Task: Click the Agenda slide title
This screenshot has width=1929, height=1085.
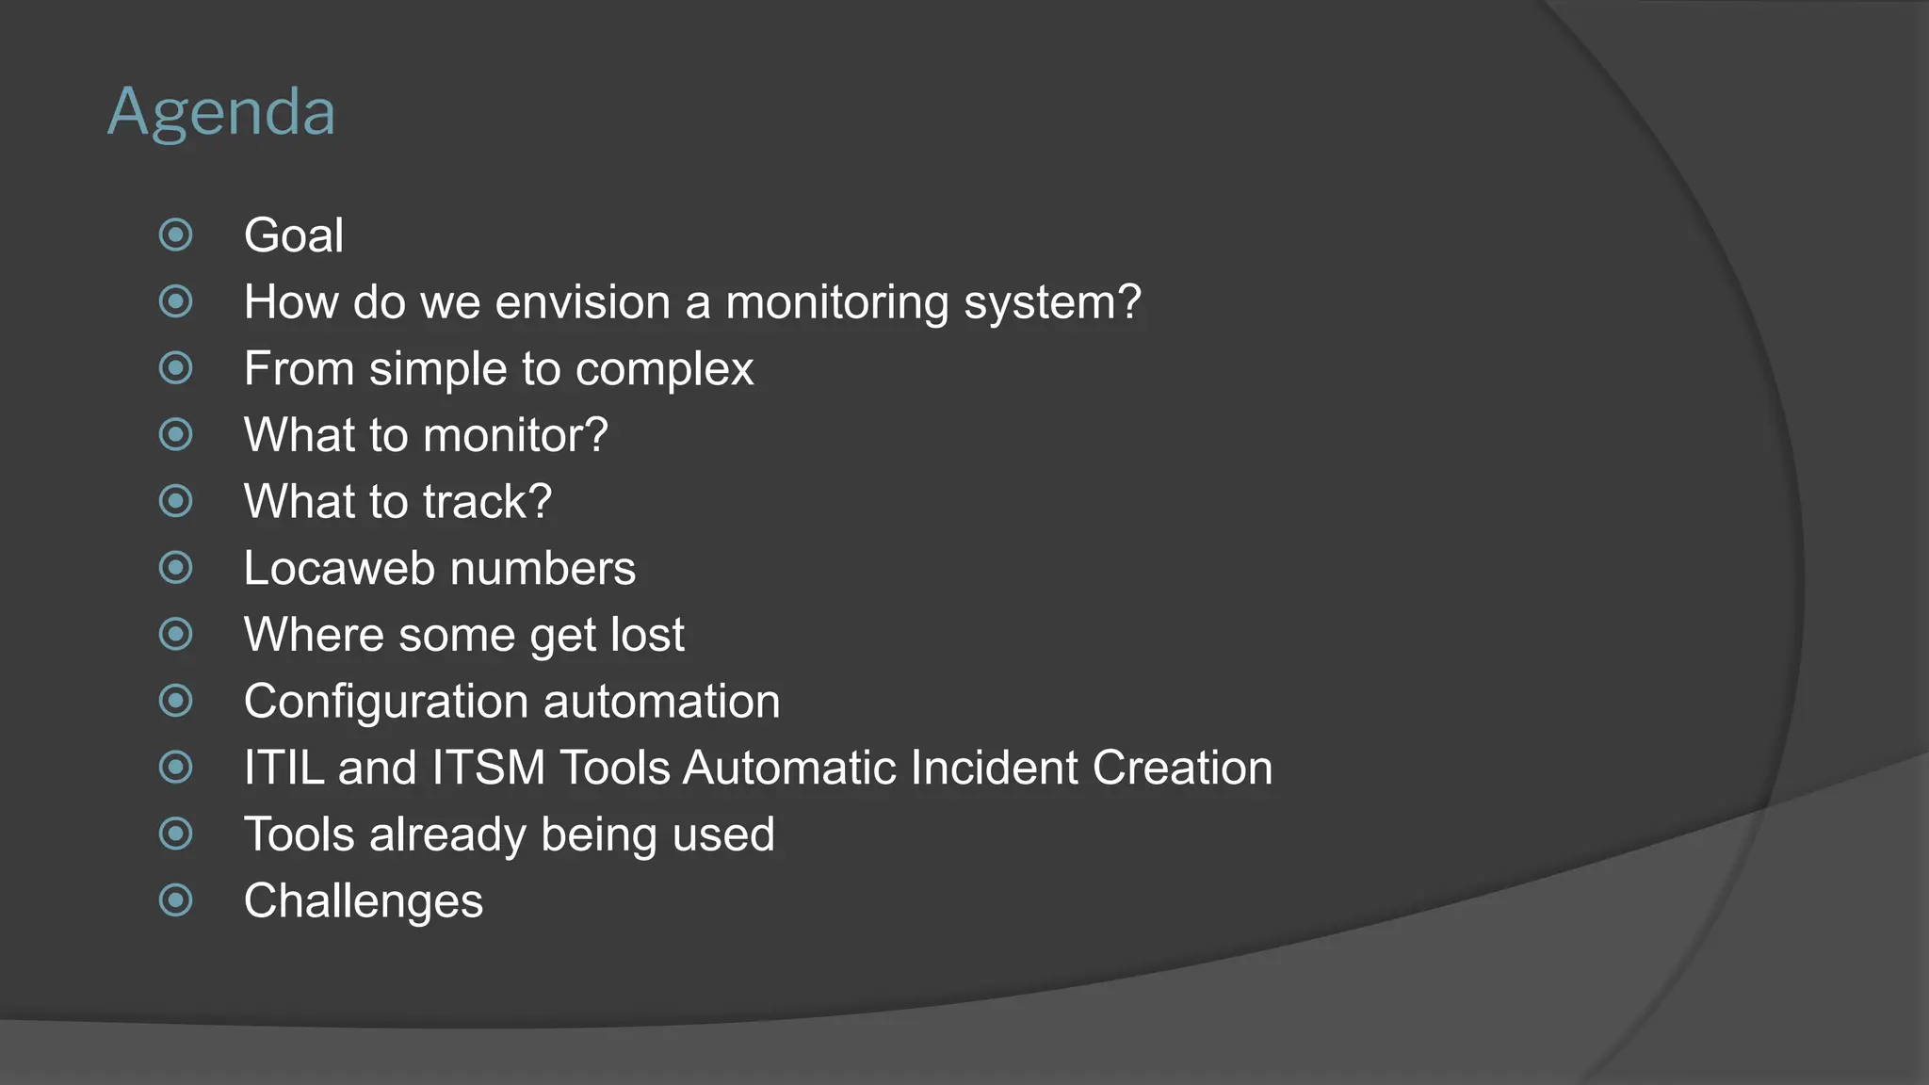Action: (221, 113)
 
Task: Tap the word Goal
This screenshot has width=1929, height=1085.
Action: (293, 235)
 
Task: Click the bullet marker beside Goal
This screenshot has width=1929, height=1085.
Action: (176, 235)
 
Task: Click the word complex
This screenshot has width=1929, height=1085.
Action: (664, 369)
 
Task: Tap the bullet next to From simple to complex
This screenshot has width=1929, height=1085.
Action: (176, 368)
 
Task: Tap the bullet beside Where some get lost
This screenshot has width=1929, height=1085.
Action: (176, 635)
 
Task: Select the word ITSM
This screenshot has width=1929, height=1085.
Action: (489, 768)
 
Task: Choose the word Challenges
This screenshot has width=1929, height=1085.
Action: (363, 901)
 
